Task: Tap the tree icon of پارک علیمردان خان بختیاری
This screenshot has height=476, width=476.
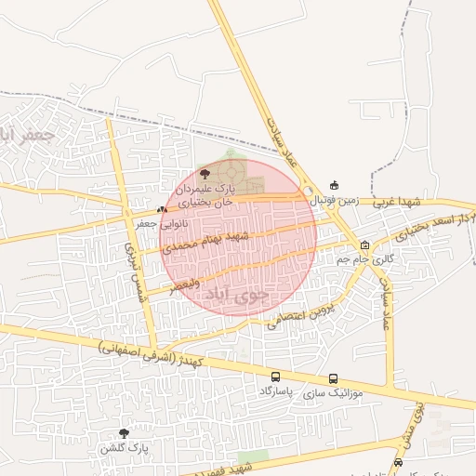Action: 205,173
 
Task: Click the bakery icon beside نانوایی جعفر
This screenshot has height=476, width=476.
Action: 162,210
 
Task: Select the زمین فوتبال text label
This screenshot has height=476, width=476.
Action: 334,199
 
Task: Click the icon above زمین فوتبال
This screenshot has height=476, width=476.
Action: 335,185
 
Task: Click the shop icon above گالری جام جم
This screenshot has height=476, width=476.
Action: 365,245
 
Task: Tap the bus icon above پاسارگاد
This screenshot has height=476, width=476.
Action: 275,377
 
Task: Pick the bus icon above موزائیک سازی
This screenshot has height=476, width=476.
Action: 333,378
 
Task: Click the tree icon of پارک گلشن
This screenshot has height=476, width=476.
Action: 124,433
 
